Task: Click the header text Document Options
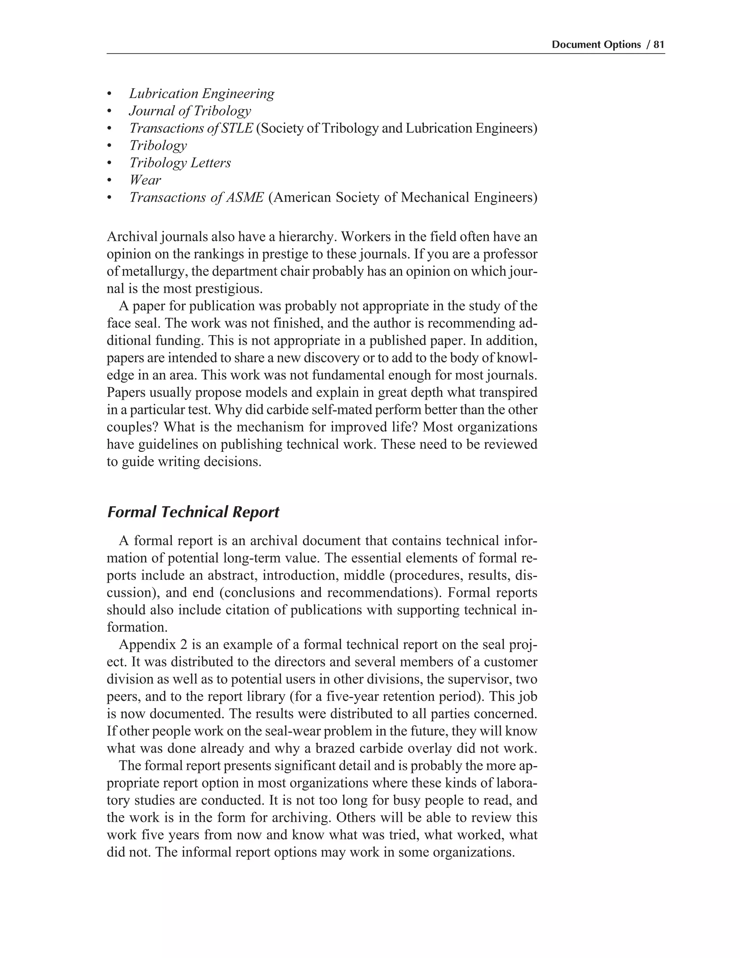(596, 45)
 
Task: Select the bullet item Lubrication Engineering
(202, 94)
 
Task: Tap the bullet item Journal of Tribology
(190, 111)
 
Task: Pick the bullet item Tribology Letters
(180, 163)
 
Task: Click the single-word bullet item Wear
(145, 180)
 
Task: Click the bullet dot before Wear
(109, 181)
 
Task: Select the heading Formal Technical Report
(193, 512)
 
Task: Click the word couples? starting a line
(133, 427)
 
